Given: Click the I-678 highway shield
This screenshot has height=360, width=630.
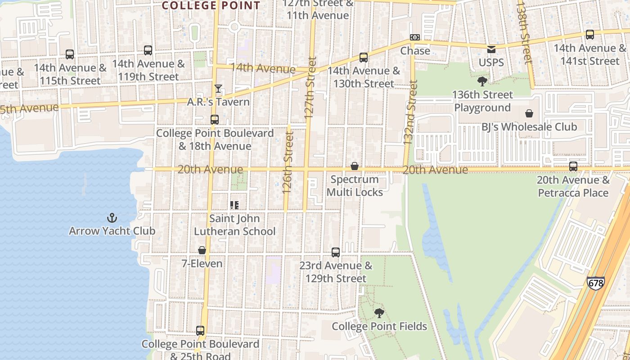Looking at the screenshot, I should coord(595,283).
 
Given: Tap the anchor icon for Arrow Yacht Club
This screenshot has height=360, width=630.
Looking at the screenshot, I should coord(112,218).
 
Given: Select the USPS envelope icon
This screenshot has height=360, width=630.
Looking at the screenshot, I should coord(491,49).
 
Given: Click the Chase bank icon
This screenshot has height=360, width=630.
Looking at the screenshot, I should coord(415,37).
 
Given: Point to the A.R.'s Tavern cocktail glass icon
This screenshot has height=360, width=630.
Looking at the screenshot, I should coord(218,89).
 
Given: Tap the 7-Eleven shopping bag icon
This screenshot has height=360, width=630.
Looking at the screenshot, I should coord(202,250).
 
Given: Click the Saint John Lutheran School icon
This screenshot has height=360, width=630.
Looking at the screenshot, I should coord(234,205).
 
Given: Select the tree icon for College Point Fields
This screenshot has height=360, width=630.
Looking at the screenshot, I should coord(379,313).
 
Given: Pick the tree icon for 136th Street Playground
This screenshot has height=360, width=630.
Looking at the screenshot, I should coord(482,81).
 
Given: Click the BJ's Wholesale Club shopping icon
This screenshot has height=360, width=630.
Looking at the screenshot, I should coord(529,113).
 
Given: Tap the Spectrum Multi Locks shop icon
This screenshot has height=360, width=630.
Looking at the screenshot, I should coord(355,166).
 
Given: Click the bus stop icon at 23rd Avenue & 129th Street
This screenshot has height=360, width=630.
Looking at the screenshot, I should coord(336,252).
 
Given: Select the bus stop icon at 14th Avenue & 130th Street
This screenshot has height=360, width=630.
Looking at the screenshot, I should coord(364,58).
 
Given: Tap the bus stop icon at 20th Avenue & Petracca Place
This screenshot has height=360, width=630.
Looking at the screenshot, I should coord(573,166).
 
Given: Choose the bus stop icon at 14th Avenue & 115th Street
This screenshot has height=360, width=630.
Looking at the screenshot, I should coord(70,54).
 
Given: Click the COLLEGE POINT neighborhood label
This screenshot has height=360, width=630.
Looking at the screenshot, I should coord(211,5).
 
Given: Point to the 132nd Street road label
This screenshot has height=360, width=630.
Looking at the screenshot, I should coord(410,112).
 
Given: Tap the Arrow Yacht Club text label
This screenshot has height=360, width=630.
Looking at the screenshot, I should coord(112,231).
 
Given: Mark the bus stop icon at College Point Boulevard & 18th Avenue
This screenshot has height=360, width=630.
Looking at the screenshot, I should coord(215,120).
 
